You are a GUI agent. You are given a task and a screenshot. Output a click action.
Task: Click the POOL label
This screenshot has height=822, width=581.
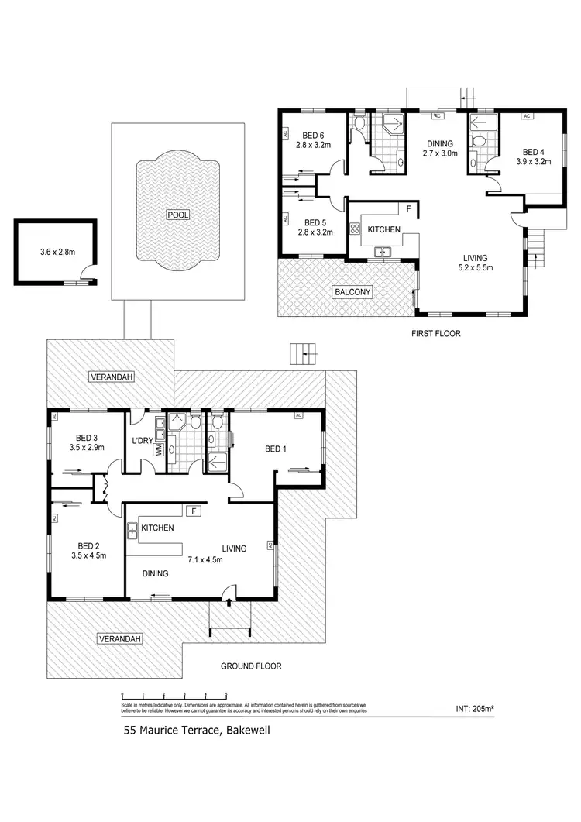pyautogui.click(x=177, y=214)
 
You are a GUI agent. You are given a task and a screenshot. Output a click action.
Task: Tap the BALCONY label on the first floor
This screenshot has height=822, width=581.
pyautogui.click(x=353, y=292)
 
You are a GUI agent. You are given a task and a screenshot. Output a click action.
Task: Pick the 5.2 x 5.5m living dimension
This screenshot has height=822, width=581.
pyautogui.click(x=473, y=268)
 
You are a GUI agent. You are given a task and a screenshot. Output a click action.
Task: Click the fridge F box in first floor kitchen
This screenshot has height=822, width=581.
pyautogui.click(x=408, y=209)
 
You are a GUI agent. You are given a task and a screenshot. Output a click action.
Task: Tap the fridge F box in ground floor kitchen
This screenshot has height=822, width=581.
pyautogui.click(x=194, y=511)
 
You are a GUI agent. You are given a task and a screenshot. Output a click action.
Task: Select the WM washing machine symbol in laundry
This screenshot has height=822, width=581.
pyautogui.click(x=159, y=449)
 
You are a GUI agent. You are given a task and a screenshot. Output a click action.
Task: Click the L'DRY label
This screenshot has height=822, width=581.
pyautogui.click(x=142, y=441)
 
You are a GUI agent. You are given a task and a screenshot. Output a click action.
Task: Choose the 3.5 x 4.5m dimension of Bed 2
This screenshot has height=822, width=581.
pyautogui.click(x=87, y=555)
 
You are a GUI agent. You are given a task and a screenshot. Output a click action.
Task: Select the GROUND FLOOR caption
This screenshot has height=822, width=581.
pyautogui.click(x=250, y=666)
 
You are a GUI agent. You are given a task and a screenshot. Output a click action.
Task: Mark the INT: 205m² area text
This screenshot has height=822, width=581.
pyautogui.click(x=482, y=708)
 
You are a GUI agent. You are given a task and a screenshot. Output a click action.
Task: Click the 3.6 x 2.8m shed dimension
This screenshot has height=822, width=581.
pyautogui.click(x=61, y=252)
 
